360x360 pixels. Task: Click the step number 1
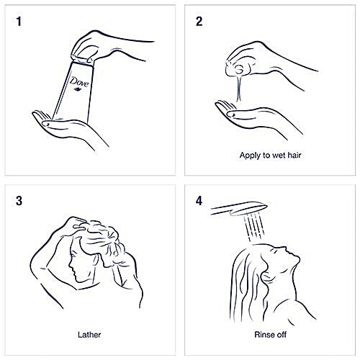19,22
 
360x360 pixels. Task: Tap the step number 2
199,22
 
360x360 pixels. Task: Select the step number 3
19,201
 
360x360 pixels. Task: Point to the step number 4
199,201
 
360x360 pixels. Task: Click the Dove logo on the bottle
79,84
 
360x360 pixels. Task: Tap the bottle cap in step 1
81,60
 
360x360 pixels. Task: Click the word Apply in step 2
250,156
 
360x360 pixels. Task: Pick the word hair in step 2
294,155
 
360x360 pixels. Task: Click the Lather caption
89,335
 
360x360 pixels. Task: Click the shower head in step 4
239,209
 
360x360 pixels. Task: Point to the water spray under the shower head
255,227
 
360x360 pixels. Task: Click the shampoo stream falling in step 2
239,89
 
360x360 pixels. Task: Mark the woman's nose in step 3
70,266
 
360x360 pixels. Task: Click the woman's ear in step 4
266,278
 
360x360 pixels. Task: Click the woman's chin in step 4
297,258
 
